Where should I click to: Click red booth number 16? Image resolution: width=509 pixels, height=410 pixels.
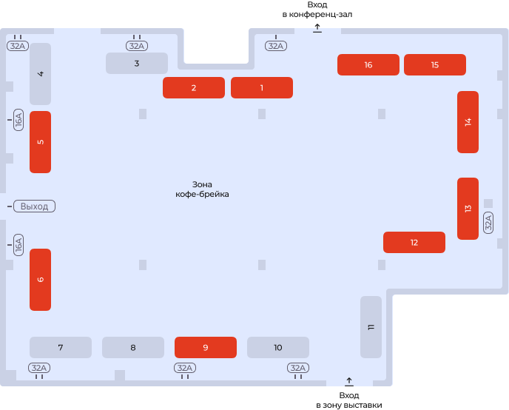click(368, 64)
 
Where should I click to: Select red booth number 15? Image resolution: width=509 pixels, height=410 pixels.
click(435, 64)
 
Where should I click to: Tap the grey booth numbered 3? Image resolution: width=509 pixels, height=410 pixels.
click(137, 64)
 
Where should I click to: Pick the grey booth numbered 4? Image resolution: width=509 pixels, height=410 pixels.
click(40, 74)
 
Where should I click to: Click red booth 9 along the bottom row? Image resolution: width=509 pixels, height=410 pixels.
click(206, 347)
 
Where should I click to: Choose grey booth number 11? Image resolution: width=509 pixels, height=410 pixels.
click(371, 327)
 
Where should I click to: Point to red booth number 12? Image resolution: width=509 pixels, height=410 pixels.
click(414, 242)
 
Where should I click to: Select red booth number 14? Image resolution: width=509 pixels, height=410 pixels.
click(468, 122)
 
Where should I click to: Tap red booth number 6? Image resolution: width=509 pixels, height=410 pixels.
click(40, 280)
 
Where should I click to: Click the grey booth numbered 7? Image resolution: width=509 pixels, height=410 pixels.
click(61, 347)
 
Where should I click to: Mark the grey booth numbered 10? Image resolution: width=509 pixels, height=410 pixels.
click(278, 347)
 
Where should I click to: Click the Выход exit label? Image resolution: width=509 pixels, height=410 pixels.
click(35, 206)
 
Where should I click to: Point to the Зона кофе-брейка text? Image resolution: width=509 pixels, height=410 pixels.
click(202, 189)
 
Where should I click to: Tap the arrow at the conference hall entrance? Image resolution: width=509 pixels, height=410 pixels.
click(317, 28)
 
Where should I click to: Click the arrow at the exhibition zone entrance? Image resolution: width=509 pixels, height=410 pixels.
click(349, 382)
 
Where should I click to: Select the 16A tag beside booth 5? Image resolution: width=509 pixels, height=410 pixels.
click(18, 120)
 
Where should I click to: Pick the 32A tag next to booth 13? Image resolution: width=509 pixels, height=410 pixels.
click(488, 223)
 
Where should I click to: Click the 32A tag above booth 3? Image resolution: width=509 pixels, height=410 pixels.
click(137, 46)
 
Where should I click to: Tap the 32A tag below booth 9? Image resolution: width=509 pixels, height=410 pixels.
click(185, 368)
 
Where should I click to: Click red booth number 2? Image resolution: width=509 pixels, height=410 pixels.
click(194, 87)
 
